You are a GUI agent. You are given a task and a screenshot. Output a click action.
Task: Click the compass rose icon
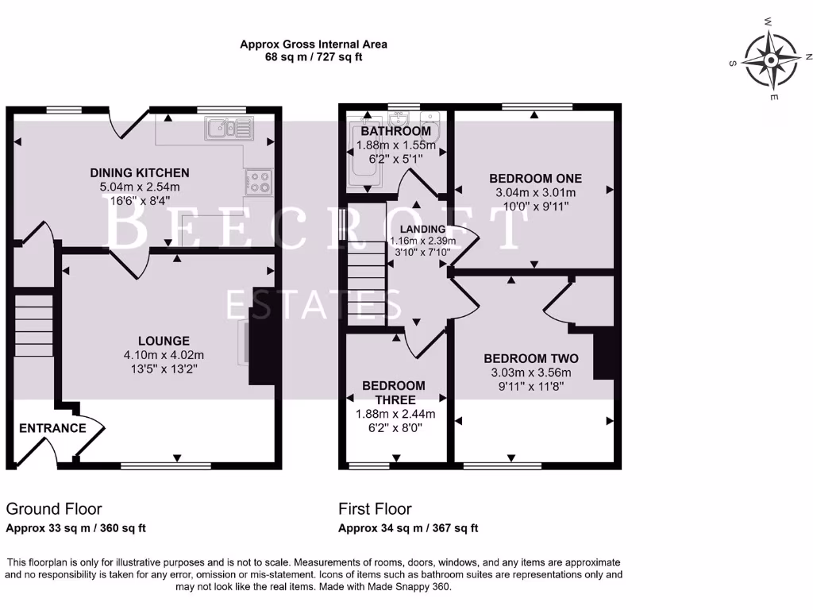(x=771, y=60)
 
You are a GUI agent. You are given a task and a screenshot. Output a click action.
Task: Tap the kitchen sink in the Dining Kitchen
(x=227, y=127)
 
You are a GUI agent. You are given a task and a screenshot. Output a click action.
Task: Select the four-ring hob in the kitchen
(x=259, y=182)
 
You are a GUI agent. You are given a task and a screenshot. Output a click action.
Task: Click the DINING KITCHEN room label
(x=140, y=172)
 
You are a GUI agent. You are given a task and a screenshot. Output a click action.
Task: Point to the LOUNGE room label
(x=163, y=341)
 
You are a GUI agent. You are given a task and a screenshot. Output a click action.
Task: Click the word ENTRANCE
(x=52, y=428)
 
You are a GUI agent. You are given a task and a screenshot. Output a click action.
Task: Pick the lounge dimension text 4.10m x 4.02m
(x=163, y=355)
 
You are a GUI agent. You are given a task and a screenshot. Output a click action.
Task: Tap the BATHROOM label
(x=395, y=131)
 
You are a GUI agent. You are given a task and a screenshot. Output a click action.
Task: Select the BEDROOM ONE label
(x=535, y=178)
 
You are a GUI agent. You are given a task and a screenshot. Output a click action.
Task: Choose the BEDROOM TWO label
(x=531, y=358)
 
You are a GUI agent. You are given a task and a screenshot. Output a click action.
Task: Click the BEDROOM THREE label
(x=395, y=392)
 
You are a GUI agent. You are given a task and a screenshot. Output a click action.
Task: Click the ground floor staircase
(x=34, y=326)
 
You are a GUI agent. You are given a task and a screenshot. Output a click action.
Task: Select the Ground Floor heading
(x=54, y=509)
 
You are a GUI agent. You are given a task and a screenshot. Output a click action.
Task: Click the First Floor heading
(x=375, y=509)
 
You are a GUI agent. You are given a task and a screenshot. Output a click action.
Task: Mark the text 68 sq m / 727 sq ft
(x=314, y=57)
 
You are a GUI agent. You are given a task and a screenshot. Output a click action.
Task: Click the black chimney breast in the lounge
(x=263, y=335)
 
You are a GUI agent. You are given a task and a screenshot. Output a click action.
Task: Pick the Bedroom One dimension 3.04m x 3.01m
(x=535, y=192)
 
